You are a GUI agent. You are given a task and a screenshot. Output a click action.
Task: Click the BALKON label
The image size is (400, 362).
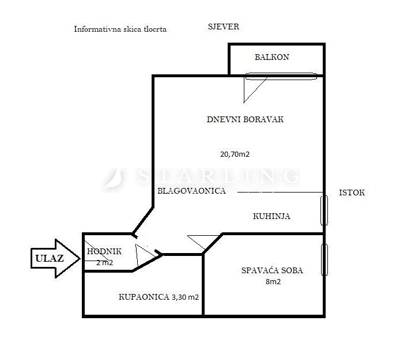click(x=271, y=57)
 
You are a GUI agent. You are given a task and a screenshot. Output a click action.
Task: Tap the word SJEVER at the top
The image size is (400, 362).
click(x=223, y=27)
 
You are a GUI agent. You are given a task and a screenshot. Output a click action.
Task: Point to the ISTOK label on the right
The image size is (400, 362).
click(x=352, y=193)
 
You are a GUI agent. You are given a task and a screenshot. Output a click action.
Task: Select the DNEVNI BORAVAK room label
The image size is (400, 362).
click(x=246, y=119)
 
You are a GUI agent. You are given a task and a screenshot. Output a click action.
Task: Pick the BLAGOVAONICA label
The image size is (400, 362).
click(x=191, y=190)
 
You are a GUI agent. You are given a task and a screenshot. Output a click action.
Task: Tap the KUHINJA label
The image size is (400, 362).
click(x=271, y=217)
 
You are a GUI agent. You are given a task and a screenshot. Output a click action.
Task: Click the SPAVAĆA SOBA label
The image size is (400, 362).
click(x=272, y=270)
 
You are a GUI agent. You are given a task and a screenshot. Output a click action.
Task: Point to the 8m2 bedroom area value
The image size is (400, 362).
click(x=273, y=282)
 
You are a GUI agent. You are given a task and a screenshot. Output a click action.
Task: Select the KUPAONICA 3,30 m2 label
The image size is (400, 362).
click(x=159, y=297)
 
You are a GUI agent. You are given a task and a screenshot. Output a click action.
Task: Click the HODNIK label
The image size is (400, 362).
click(x=104, y=251)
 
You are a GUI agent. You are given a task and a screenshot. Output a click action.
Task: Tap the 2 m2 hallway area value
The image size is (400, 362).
click(x=105, y=263)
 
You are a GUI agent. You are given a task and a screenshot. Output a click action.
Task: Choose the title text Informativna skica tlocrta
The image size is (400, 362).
click(x=120, y=29)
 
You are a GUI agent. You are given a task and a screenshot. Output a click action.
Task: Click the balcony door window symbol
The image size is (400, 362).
click(x=281, y=76)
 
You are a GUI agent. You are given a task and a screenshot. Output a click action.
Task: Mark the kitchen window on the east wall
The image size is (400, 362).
click(x=324, y=210)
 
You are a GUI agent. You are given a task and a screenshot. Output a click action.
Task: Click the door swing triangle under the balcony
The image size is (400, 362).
click(x=253, y=86)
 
